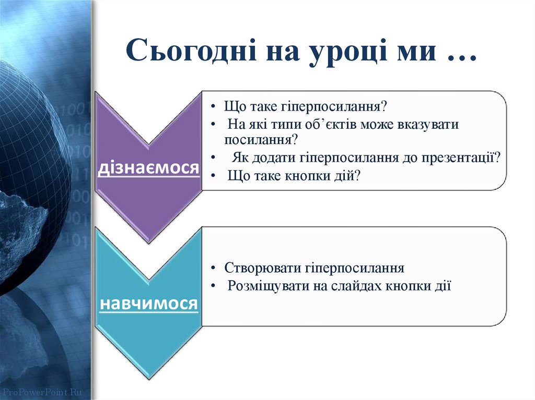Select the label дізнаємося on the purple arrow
coord(148,167)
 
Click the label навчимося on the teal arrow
coord(148,303)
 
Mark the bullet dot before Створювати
coord(214,269)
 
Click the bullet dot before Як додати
coord(214,157)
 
